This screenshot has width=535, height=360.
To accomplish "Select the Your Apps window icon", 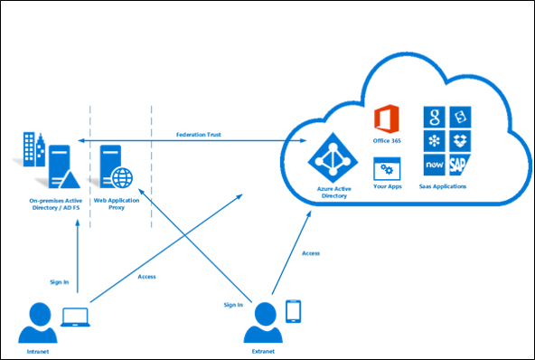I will click(387, 169).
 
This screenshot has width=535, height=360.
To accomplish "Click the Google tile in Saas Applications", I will click(434, 118).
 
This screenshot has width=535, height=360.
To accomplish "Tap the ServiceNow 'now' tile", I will click(434, 166).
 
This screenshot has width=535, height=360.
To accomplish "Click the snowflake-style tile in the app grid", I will click(434, 142).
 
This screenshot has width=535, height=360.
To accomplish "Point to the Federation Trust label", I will click(198, 133).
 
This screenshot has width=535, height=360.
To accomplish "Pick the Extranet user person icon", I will click(264, 320).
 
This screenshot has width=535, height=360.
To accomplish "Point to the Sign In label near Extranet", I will click(232, 305).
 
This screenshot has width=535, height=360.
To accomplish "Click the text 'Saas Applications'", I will click(445, 186).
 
